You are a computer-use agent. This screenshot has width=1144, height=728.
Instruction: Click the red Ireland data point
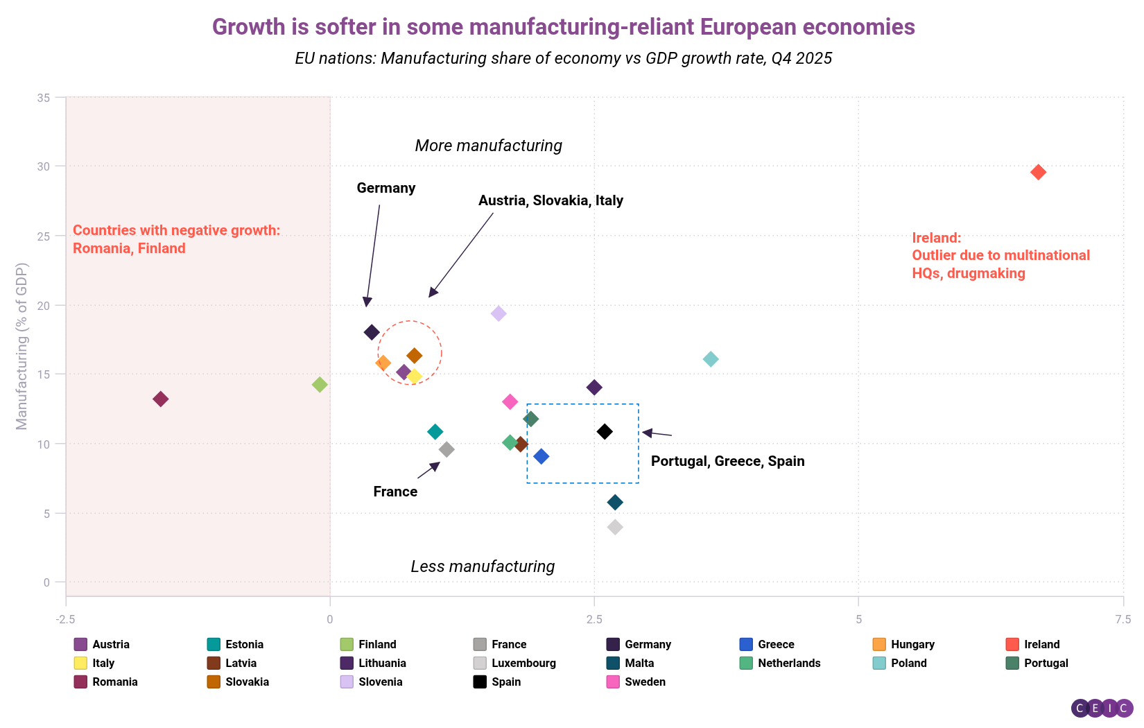(1038, 172)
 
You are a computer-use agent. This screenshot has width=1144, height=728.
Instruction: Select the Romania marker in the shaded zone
(160, 399)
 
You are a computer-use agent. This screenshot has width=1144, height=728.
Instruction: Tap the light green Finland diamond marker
(320, 384)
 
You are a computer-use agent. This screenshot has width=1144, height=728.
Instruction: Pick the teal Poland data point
(711, 359)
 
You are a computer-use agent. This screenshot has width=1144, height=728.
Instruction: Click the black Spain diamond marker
(605, 432)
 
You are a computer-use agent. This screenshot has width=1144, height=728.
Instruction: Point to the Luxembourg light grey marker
(615, 527)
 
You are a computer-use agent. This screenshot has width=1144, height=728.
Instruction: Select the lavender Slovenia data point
(499, 313)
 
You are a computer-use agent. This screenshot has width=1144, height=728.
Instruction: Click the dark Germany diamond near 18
(372, 332)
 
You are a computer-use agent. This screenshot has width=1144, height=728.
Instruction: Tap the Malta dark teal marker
(615, 502)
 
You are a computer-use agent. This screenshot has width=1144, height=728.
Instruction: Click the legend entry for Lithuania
(381, 663)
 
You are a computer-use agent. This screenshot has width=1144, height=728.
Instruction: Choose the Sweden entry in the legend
(644, 682)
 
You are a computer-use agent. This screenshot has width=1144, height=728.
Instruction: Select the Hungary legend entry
(912, 644)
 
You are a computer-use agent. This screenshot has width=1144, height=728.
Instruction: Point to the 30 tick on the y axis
(44, 166)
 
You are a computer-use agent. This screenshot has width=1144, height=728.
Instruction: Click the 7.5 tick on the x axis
(1123, 619)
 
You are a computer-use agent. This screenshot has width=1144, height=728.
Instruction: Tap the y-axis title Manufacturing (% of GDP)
(22, 346)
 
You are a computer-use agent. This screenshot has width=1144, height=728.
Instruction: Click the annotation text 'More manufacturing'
(488, 146)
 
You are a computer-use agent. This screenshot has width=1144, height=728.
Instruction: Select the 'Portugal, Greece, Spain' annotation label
(727, 461)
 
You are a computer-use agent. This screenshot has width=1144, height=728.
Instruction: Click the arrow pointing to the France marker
(428, 470)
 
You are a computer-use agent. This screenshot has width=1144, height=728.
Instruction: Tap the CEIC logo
(1102, 708)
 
